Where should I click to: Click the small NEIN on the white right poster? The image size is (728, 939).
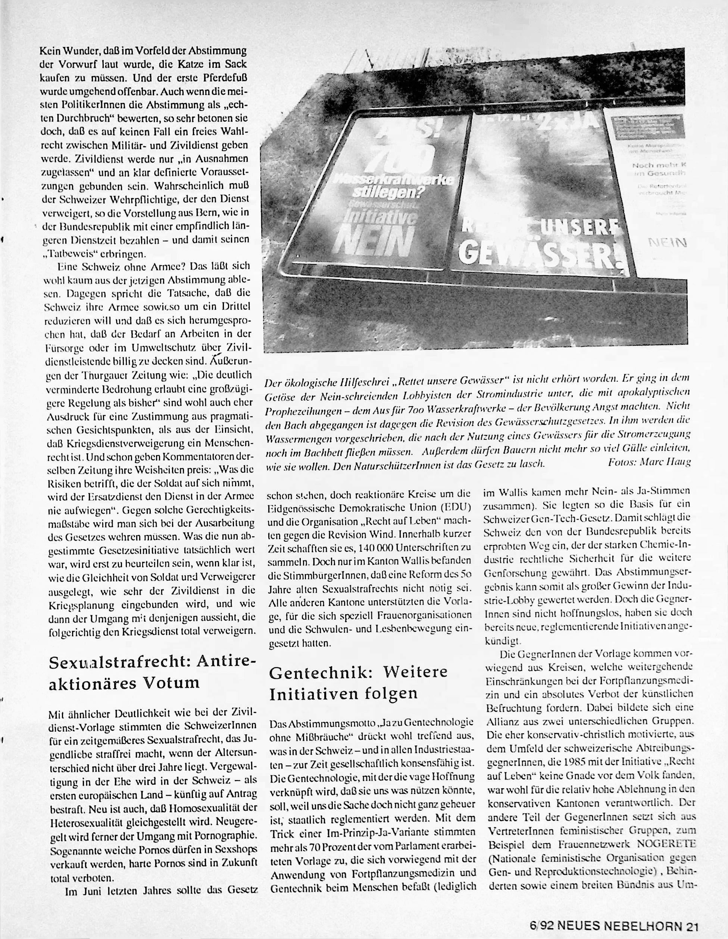(668, 243)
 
